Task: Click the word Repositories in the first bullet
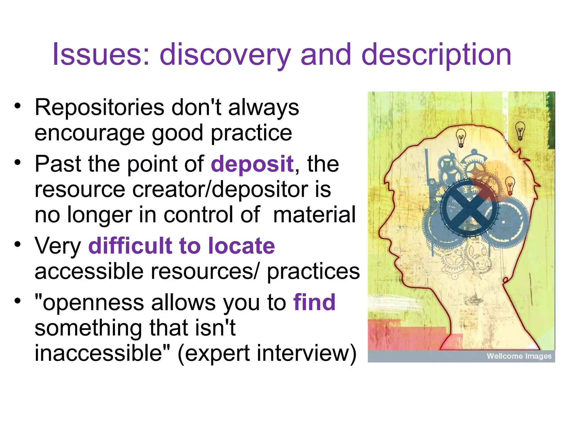[99, 107]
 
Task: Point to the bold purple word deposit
[252, 164]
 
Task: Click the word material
[314, 215]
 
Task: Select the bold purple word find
[314, 302]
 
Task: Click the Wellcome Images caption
[519, 356]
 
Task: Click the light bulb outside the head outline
[520, 131]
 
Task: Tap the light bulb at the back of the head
[510, 185]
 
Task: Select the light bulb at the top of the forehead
[461, 138]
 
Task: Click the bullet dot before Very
[18, 244]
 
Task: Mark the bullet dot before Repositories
[18, 106]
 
